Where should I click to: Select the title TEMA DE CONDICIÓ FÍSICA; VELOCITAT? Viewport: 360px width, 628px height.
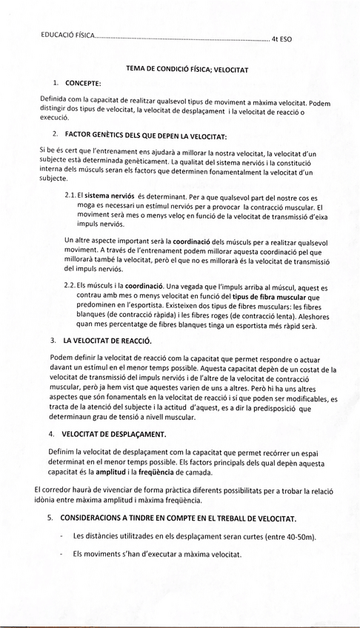click(x=187, y=69)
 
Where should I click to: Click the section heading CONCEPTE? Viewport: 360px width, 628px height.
click(x=84, y=82)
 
